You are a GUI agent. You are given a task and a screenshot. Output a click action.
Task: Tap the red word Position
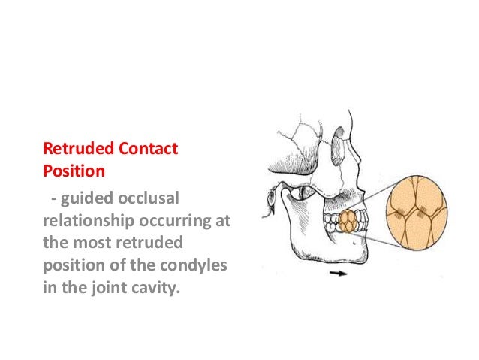[73, 170]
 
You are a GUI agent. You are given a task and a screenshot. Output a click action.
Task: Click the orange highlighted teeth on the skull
[348, 222]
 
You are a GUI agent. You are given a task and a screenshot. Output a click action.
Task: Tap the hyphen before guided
[53, 198]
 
